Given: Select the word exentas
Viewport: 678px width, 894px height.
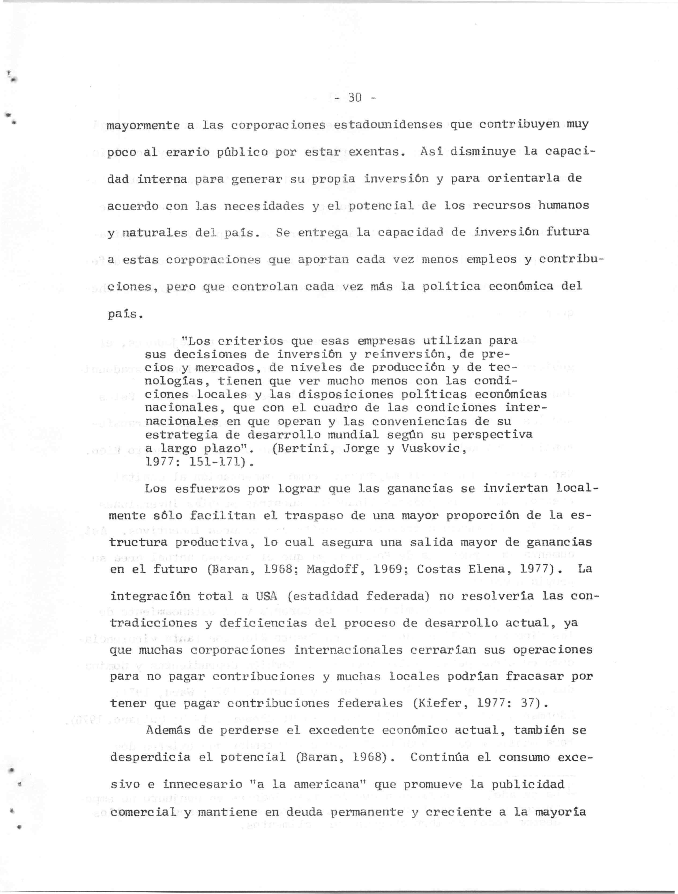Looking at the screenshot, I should pyautogui.click(x=376, y=152).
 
